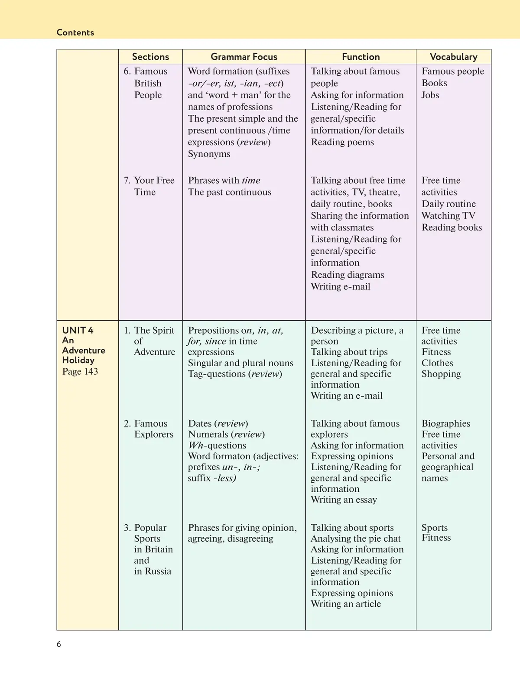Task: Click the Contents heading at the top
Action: tap(75, 32)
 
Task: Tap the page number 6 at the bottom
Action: tap(59, 644)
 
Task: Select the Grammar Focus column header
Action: tap(244, 57)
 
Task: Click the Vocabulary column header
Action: tap(453, 57)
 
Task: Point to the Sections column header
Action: tap(150, 57)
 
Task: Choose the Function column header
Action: tap(361, 57)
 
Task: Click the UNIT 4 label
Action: tap(78, 330)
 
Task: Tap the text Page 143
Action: tap(80, 371)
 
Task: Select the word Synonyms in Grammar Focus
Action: tap(209, 154)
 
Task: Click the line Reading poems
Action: tap(342, 142)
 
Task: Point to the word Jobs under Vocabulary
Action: tap(430, 95)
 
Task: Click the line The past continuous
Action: tap(230, 192)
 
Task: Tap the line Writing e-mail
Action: tap(341, 286)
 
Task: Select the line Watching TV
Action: tap(448, 215)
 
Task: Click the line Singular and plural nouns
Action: tap(240, 363)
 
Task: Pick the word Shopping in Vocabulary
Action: tap(441, 374)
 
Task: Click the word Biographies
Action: tap(446, 423)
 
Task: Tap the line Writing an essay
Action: tap(344, 500)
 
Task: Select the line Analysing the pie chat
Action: tap(356, 539)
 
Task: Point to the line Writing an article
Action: tap(346, 604)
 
